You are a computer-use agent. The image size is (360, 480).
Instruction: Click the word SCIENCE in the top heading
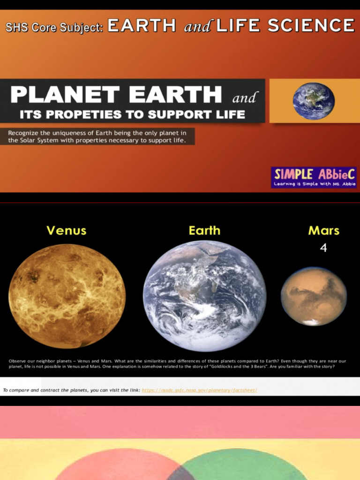(311, 25)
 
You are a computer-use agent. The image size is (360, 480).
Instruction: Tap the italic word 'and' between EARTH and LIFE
(197, 27)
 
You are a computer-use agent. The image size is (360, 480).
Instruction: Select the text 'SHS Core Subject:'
(54, 27)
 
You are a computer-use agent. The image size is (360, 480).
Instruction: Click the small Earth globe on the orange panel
(314, 101)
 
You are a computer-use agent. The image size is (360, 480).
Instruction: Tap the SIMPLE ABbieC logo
(314, 177)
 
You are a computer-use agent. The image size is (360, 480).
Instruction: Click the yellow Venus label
(66, 230)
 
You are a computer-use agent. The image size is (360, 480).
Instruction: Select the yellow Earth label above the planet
(204, 230)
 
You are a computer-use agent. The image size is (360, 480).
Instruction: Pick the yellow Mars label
(324, 230)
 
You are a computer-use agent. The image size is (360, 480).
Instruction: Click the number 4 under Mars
(323, 247)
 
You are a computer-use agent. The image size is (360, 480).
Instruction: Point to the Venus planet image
(67, 296)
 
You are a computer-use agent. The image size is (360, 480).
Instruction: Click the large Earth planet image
(204, 296)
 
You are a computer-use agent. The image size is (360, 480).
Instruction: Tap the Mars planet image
(314, 296)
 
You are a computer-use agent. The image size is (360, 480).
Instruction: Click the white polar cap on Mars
(310, 322)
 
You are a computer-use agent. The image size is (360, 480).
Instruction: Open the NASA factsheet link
(199, 390)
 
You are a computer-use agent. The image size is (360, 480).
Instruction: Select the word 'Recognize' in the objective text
(23, 133)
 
